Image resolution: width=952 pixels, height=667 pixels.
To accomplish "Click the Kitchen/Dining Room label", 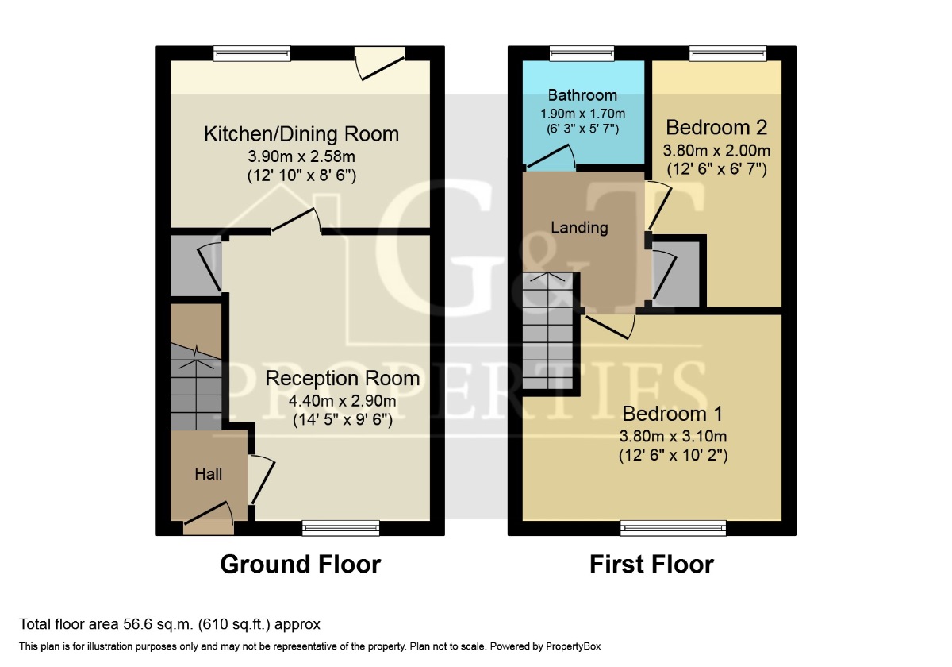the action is [x=301, y=134].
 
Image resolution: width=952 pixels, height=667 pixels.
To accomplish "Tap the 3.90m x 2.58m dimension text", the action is [x=301, y=156].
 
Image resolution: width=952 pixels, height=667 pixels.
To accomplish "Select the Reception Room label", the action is [x=343, y=379].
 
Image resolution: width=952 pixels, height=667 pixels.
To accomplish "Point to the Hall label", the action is [x=208, y=474].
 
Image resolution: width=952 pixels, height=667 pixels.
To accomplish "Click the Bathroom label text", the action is [x=582, y=95].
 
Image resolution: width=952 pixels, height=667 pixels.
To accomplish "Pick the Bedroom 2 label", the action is [x=716, y=128].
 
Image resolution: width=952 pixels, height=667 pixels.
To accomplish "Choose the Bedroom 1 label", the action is [x=673, y=414].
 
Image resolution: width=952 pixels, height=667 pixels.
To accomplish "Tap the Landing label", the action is [x=579, y=228].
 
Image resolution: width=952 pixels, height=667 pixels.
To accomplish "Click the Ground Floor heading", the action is [x=301, y=565].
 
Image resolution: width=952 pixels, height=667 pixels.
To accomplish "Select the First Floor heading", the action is [x=651, y=565].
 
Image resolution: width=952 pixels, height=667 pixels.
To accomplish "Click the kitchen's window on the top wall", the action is [x=252, y=53].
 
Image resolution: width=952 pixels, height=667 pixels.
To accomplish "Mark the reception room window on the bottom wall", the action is [x=341, y=528].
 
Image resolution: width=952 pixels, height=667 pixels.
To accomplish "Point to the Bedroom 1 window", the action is [x=674, y=528].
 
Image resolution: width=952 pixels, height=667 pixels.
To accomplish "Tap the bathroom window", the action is [x=582, y=53].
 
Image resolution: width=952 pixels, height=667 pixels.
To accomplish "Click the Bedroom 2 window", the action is [x=728, y=53].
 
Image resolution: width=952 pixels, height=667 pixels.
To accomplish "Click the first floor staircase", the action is [x=548, y=330].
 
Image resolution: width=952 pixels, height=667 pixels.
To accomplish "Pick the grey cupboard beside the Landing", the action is [x=675, y=274].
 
